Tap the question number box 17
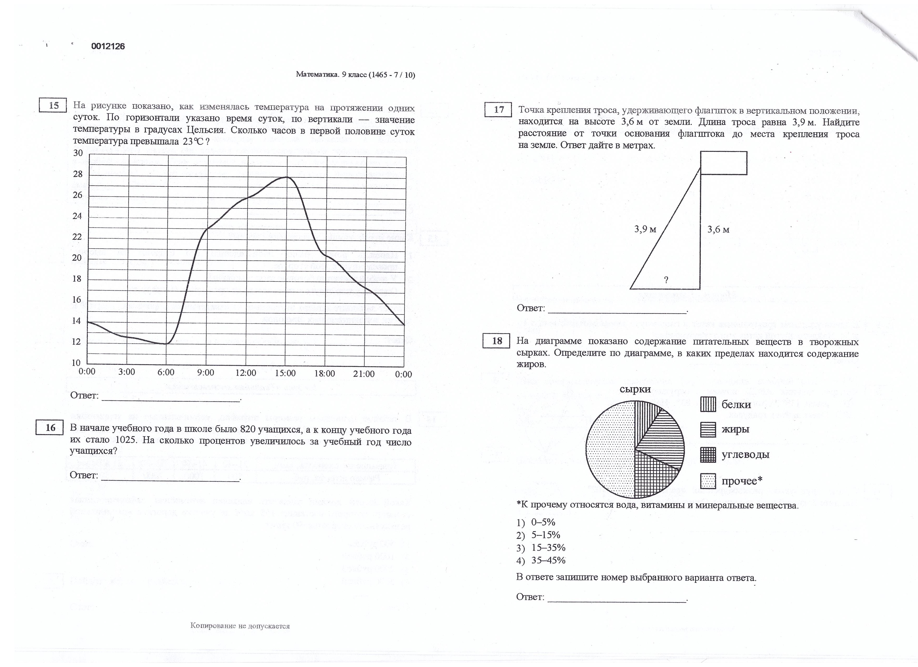tap(498, 110)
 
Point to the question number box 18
tap(497, 341)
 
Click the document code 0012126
tap(108, 46)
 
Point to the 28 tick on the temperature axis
tap(77, 174)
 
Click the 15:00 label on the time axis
tap(285, 373)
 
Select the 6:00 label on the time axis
tap(166, 372)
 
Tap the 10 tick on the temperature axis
tap(76, 363)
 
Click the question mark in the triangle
tap(666, 279)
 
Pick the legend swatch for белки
tap(708, 405)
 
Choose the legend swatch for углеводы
tap(708, 455)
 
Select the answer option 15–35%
tap(548, 548)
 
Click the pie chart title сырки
tap(635, 389)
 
